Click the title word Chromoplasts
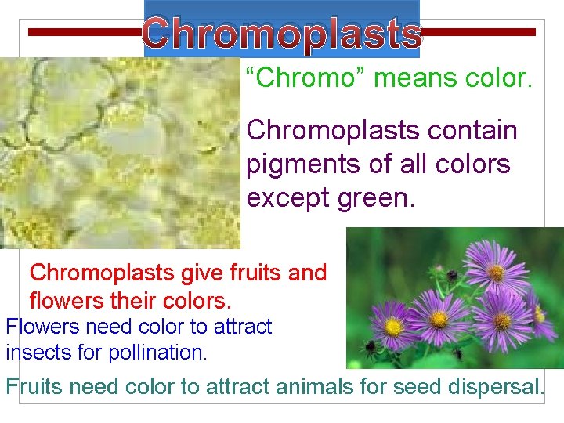[282, 33]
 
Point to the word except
[284, 198]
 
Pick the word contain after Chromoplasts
[471, 130]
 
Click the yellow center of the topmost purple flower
[497, 273]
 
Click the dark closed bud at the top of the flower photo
[452, 275]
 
